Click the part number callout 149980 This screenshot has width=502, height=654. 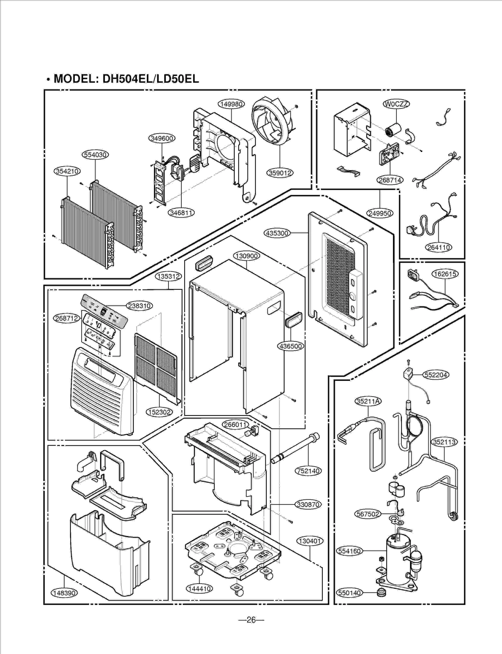pyautogui.click(x=231, y=104)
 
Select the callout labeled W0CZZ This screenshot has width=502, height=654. pyautogui.click(x=397, y=104)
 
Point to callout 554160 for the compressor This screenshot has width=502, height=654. pyautogui.click(x=349, y=551)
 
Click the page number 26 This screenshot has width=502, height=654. pyautogui.click(x=251, y=620)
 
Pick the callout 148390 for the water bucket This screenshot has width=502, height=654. pyautogui.click(x=64, y=593)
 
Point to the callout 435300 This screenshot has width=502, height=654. pyautogui.click(x=277, y=233)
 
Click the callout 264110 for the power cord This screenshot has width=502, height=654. pyautogui.click(x=439, y=247)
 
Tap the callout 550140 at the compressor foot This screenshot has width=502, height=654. pyautogui.click(x=349, y=593)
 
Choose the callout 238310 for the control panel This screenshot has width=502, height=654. pyautogui.click(x=139, y=306)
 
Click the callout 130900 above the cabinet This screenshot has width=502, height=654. pyautogui.click(x=247, y=256)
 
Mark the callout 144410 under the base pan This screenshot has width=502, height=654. pyautogui.click(x=199, y=589)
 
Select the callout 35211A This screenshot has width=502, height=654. pyautogui.click(x=368, y=401)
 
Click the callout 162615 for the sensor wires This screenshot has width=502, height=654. pyautogui.click(x=445, y=274)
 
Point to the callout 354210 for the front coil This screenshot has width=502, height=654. pyautogui.click(x=67, y=171)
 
